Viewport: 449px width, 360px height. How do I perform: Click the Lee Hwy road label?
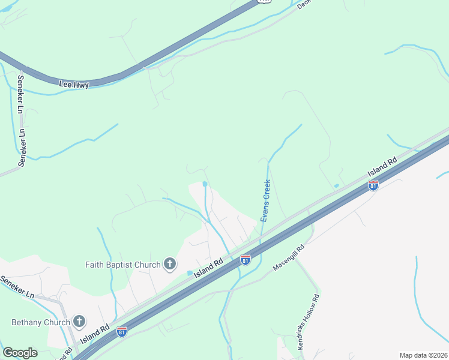[74, 85]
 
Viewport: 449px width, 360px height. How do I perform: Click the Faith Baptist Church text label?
[123, 265]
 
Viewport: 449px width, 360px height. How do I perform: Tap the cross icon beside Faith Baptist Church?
[170, 263]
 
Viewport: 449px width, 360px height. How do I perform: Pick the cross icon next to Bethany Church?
[79, 321]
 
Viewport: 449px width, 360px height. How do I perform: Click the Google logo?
[20, 353]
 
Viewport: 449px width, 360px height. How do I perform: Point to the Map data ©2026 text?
[423, 355]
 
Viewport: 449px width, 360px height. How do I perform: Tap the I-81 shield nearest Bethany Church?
[122, 331]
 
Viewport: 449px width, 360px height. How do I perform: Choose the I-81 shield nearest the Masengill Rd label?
[245, 259]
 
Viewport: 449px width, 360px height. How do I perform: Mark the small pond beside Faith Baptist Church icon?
[190, 273]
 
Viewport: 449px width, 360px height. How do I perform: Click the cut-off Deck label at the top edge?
[304, 4]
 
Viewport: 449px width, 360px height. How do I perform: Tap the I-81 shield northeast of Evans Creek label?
[373, 185]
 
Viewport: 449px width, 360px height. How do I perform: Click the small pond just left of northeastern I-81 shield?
[337, 186]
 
